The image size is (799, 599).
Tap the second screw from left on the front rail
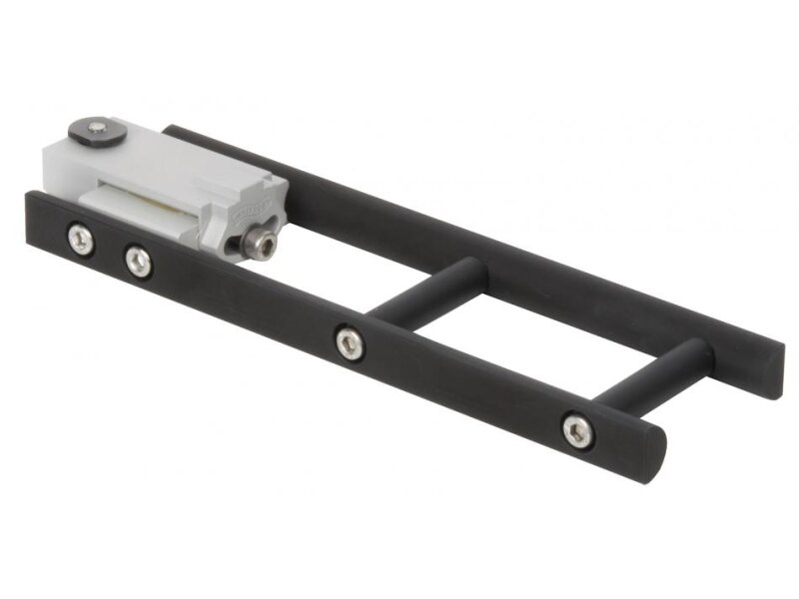(138, 263)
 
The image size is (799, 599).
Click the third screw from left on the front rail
(349, 344)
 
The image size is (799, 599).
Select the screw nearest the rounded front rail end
(575, 430)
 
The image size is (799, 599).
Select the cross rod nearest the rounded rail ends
(654, 374)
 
